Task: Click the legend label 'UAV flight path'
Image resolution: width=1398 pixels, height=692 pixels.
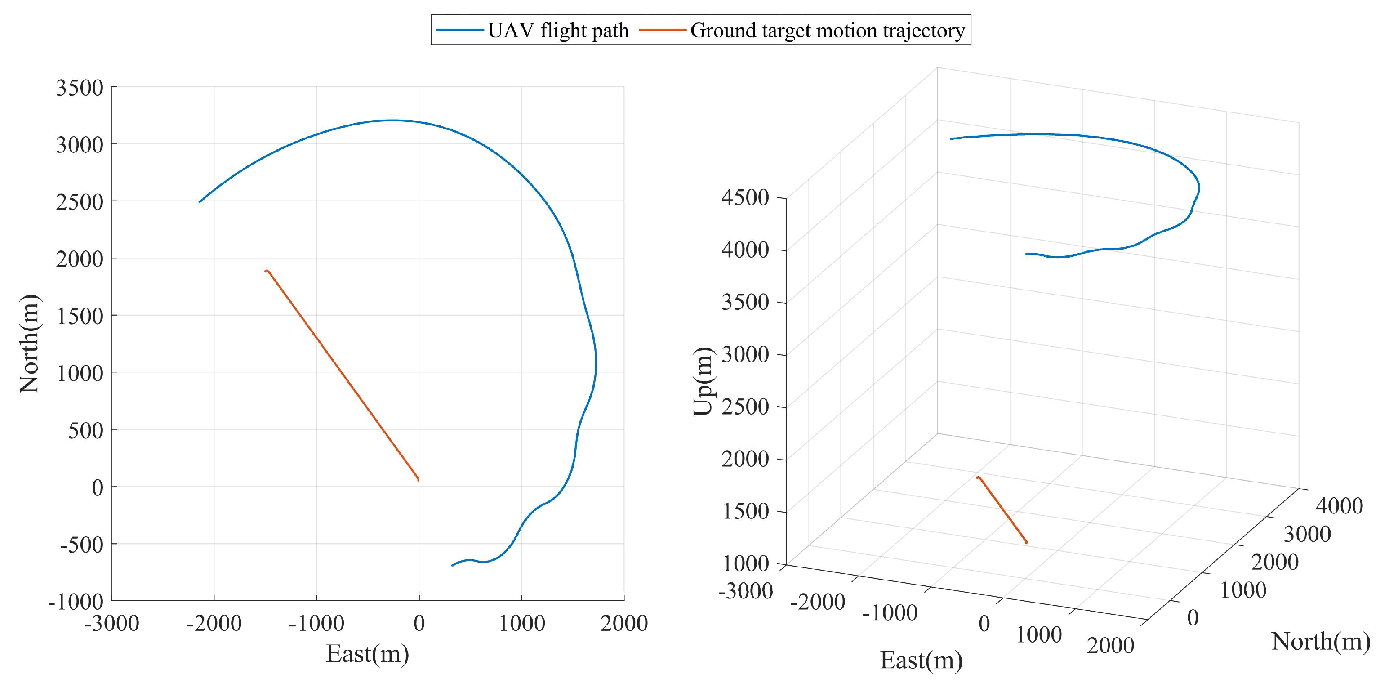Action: click(x=558, y=31)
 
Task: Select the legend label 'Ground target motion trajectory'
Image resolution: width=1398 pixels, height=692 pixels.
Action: click(x=827, y=31)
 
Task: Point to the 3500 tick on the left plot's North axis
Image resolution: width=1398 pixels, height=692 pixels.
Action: click(x=79, y=87)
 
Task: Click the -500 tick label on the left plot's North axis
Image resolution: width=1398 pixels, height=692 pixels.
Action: click(x=81, y=545)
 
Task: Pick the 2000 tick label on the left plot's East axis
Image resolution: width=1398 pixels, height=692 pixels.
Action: click(x=623, y=623)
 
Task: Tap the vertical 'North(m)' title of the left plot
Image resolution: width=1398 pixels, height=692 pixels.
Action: click(x=29, y=344)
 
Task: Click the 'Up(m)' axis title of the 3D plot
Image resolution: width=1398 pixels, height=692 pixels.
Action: click(x=703, y=381)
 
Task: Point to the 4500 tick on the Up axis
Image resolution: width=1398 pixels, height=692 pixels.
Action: click(x=745, y=197)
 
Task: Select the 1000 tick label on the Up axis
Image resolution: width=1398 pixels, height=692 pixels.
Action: click(x=745, y=563)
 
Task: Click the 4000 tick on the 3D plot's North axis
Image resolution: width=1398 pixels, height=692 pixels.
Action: click(x=1339, y=506)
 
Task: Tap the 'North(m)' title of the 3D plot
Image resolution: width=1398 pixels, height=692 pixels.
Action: click(x=1320, y=642)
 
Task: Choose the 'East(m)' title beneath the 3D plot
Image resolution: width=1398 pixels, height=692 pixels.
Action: click(x=921, y=660)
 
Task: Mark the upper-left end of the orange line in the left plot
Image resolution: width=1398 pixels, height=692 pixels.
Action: click(x=265, y=271)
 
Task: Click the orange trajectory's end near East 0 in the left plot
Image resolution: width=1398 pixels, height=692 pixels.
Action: click(x=419, y=480)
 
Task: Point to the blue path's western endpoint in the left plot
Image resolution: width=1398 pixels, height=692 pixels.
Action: click(x=200, y=202)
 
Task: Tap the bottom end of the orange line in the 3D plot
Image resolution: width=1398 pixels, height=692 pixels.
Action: click(x=1026, y=542)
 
